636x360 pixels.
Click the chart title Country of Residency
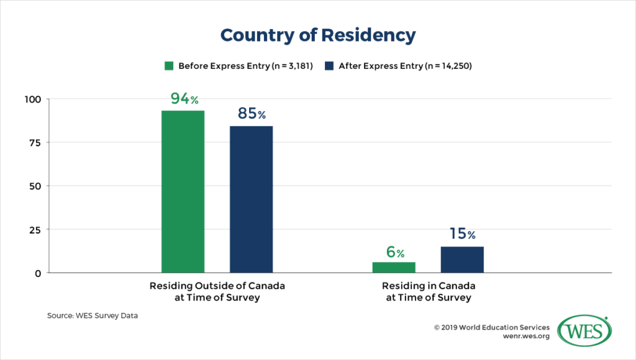317,35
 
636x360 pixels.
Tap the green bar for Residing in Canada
394,267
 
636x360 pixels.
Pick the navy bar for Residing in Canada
462,259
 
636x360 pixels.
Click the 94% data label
184,99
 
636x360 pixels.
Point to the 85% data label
252,114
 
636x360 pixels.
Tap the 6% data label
394,252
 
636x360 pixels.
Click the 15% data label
462,235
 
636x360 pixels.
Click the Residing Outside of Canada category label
217,292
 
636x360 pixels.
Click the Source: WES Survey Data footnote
93,316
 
